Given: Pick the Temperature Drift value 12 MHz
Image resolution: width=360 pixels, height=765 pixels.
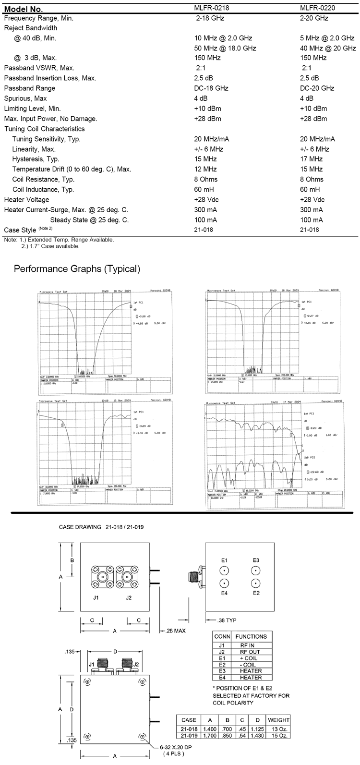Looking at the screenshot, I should (205, 169).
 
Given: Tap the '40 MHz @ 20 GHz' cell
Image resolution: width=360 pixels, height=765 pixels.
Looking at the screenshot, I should (327, 48).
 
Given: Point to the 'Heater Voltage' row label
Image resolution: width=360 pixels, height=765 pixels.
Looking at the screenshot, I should (26, 199).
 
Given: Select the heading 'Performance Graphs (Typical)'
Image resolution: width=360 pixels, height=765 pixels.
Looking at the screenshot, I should (77, 269).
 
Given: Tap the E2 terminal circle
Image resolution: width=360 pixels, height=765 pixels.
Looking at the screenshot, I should (256, 584).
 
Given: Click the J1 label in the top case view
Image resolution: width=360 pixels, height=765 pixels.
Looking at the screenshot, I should (96, 598).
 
